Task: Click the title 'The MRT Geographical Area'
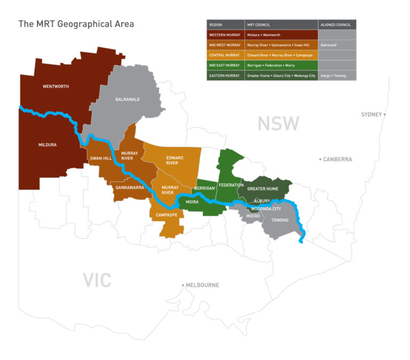click(x=76, y=24)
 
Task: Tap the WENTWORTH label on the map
click(x=56, y=86)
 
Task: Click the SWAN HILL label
click(x=101, y=158)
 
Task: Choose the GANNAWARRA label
click(x=130, y=187)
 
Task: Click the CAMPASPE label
click(x=167, y=215)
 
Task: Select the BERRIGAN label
click(x=204, y=189)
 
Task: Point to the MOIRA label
click(x=192, y=202)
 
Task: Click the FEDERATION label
click(x=231, y=185)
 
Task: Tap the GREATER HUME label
click(x=264, y=189)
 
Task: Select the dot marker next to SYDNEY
click(x=384, y=114)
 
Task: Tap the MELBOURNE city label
click(x=202, y=285)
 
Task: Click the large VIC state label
click(x=97, y=279)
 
